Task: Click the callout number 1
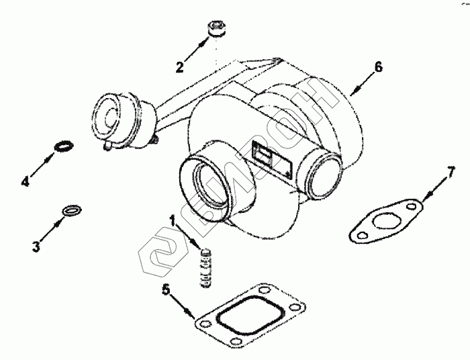point(173,220)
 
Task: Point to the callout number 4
point(26,181)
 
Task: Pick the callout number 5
point(166,291)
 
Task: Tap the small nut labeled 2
point(217,29)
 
